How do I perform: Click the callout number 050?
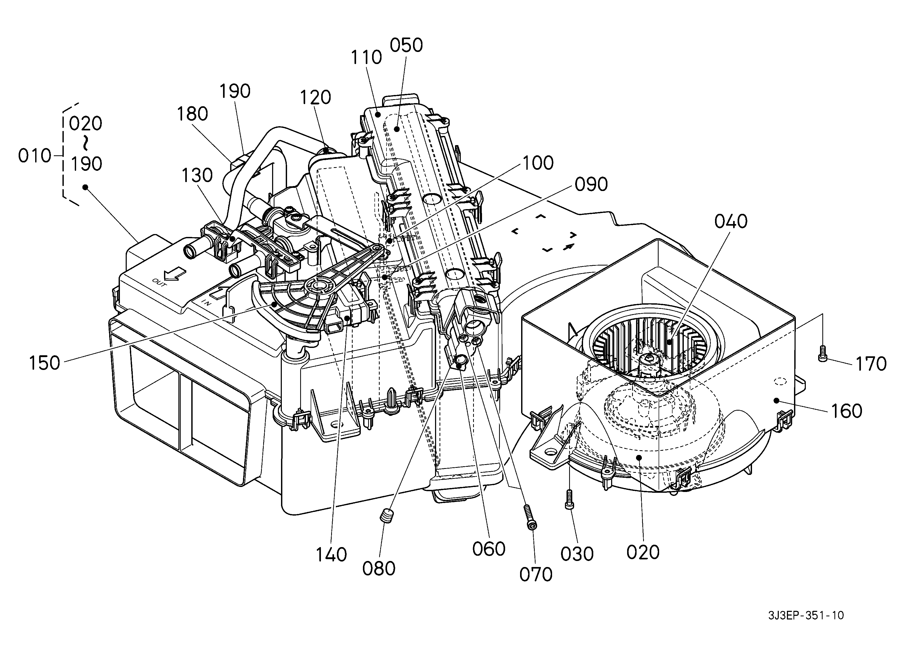[406, 45]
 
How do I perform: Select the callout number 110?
[366, 57]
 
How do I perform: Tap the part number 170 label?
[871, 364]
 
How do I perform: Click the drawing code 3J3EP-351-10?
[806, 616]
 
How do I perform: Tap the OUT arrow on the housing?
[175, 274]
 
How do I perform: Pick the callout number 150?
[44, 363]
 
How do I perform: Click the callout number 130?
[197, 176]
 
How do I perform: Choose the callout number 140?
[331, 554]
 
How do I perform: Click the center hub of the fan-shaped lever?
[320, 286]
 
